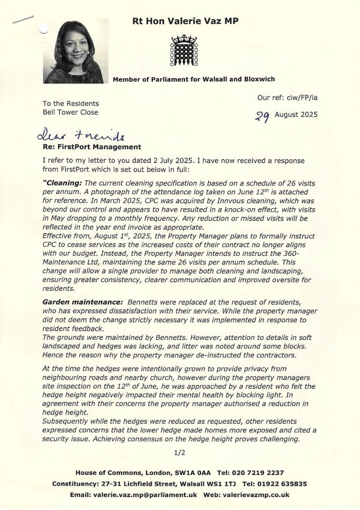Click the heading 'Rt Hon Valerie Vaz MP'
[x=185, y=20]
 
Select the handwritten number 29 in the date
[x=262, y=116]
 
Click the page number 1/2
[x=180, y=452]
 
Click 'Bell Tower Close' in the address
[x=70, y=112]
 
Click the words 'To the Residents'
[x=70, y=103]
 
